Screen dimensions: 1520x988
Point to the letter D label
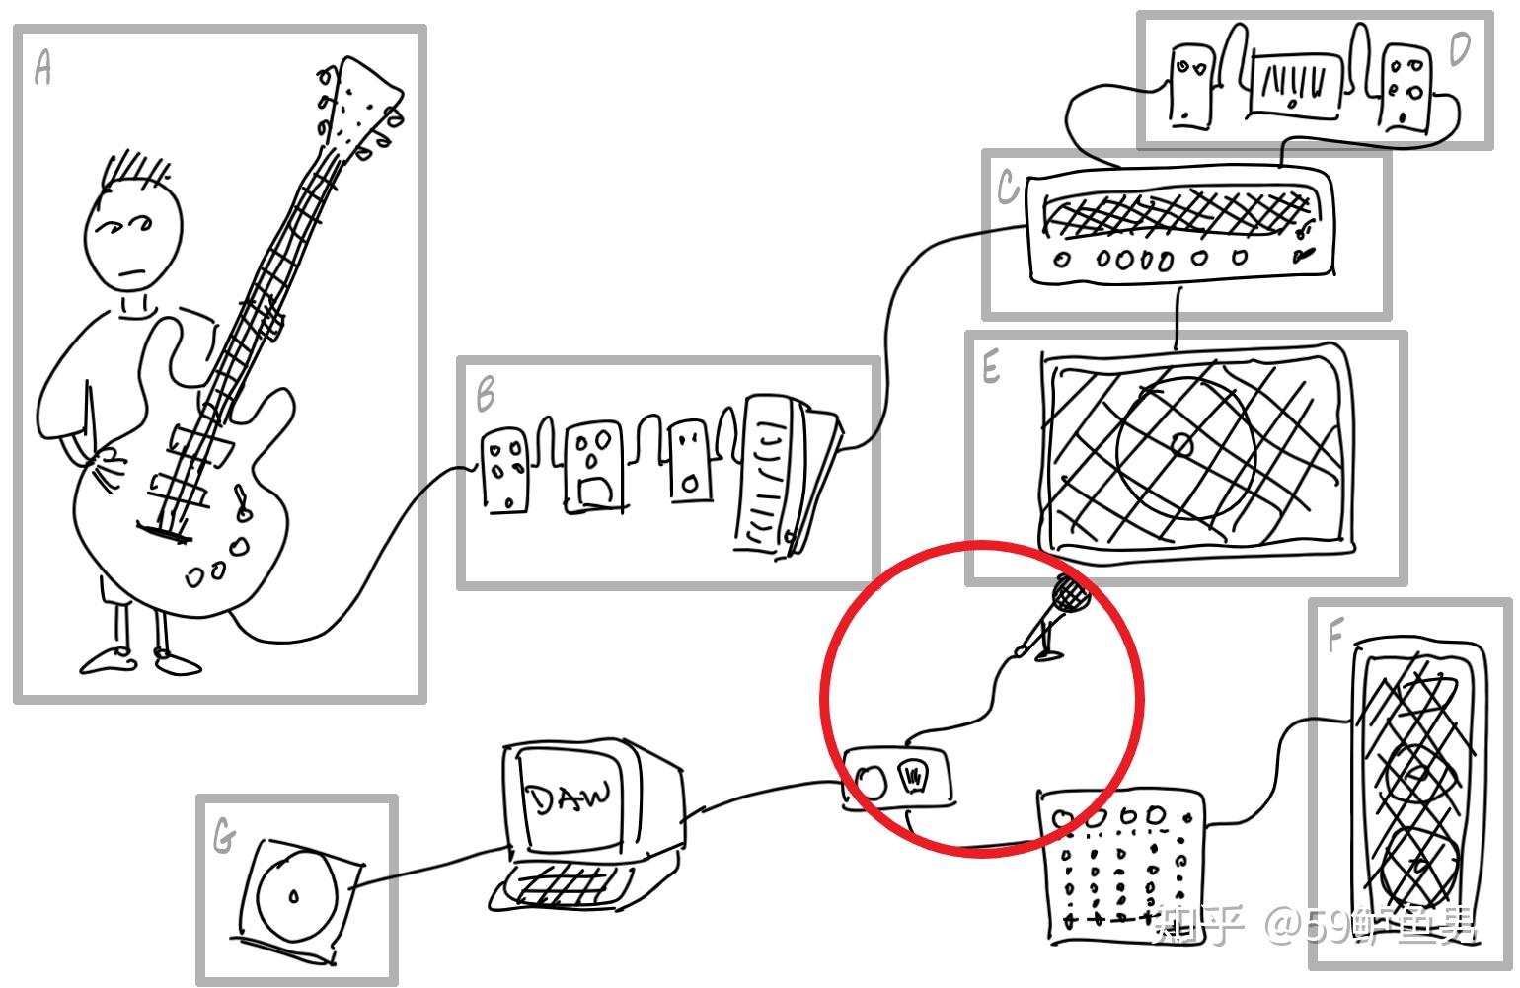coord(1459,49)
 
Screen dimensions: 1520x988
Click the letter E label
coord(991,368)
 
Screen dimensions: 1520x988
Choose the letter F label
coord(1334,637)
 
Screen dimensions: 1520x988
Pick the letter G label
coord(224,838)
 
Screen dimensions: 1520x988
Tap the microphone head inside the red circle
coord(1070,593)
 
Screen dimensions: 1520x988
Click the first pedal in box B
coord(504,470)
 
